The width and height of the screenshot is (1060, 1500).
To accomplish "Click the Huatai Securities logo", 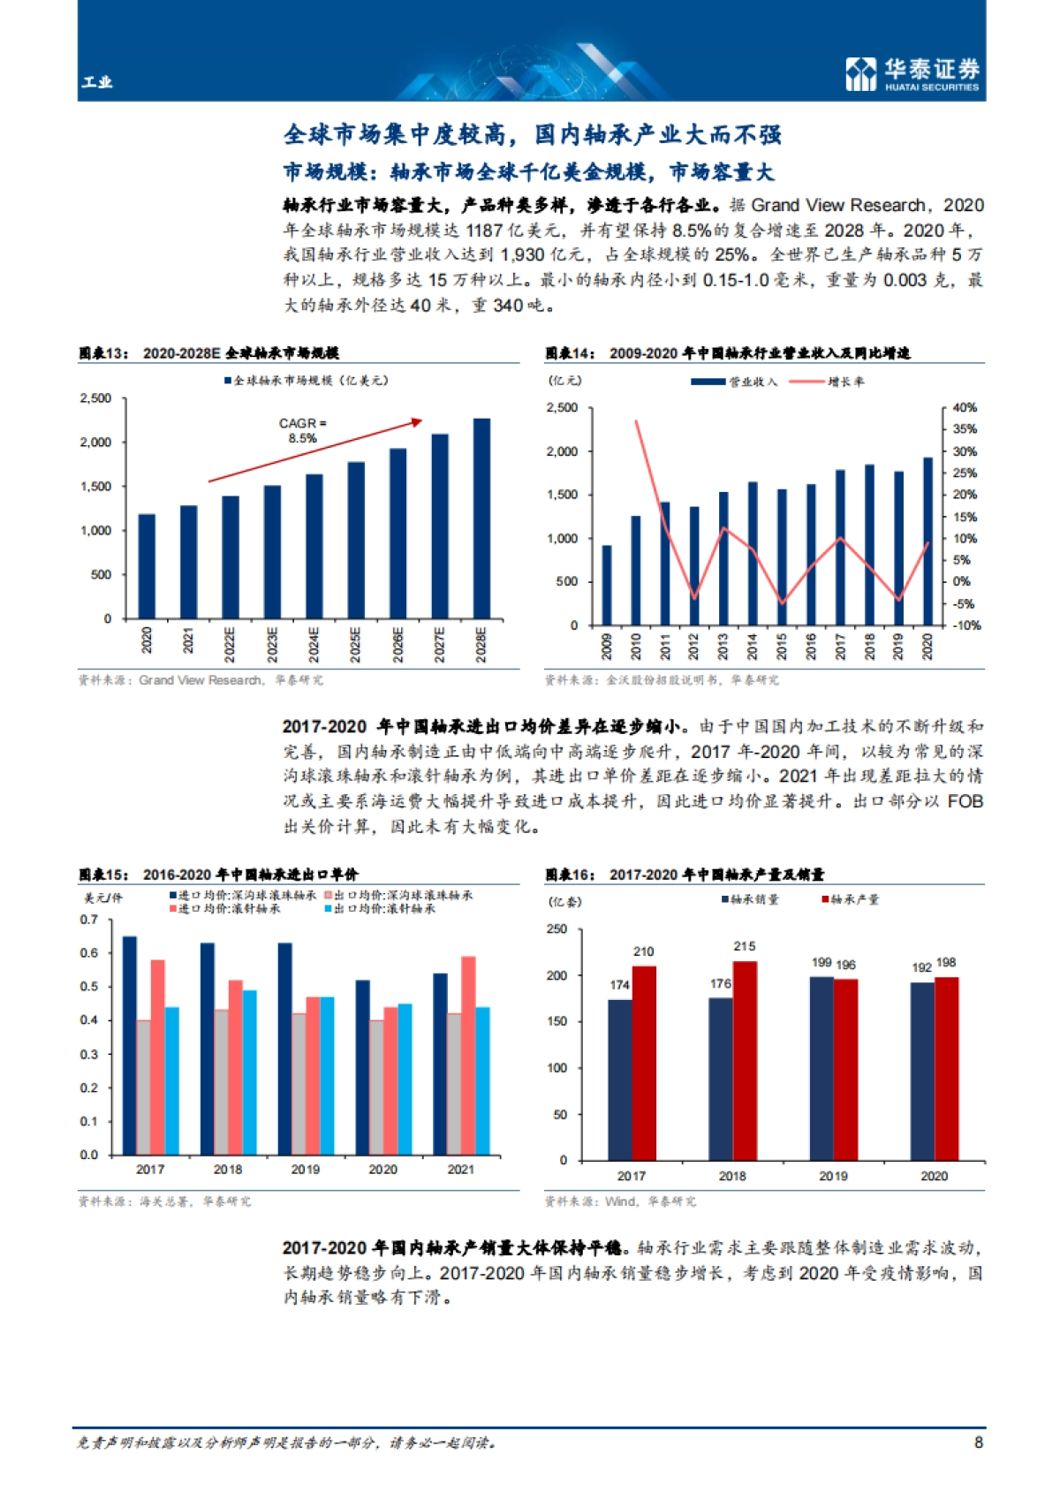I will (x=912, y=73).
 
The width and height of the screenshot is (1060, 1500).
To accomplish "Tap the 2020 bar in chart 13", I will (x=147, y=565).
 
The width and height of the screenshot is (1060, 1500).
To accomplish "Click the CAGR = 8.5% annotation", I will (x=302, y=430).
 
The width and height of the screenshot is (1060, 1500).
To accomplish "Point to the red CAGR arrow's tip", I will (x=420, y=420).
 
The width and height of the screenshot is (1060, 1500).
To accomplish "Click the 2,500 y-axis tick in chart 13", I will (x=96, y=398).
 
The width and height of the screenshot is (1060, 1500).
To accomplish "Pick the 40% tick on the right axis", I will (x=965, y=407).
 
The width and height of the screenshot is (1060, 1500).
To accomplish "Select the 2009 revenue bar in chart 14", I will (x=607, y=586).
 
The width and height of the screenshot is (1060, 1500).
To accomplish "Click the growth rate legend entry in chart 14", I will (x=826, y=382).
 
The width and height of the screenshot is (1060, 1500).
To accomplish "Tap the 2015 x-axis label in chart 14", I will (x=782, y=646).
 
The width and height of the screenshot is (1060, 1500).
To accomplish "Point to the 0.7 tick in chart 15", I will (x=89, y=920).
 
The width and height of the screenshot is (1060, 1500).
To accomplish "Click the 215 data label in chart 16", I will (x=744, y=946).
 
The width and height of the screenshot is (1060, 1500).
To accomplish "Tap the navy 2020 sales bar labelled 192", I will (x=922, y=1071).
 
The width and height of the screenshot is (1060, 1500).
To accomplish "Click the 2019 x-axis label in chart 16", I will (x=833, y=1176).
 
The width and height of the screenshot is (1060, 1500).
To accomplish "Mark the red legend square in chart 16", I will (x=826, y=899).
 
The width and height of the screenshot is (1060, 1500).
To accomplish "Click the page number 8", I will (x=978, y=1442).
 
